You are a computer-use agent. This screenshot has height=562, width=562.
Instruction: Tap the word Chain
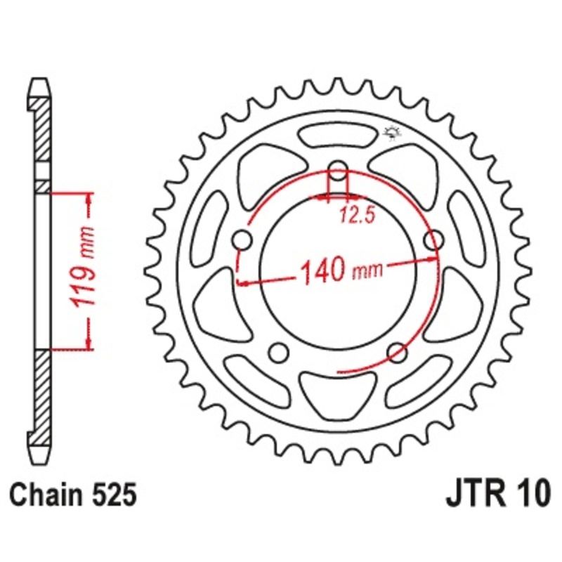click(48, 494)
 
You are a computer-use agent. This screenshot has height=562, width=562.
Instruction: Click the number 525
click(112, 494)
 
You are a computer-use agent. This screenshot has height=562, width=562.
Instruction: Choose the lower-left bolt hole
click(280, 351)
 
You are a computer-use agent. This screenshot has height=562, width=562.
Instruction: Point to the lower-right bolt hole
click(397, 351)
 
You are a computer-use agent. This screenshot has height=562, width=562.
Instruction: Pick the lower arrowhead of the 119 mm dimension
click(89, 342)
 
